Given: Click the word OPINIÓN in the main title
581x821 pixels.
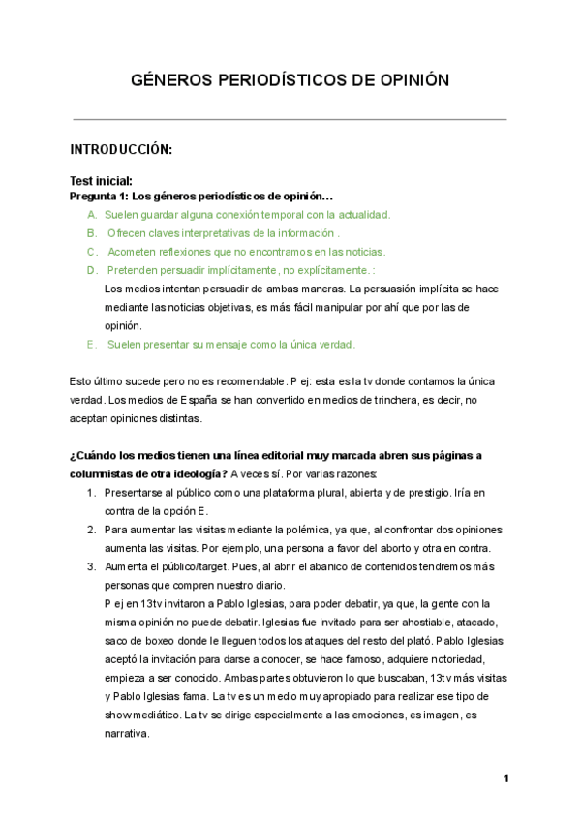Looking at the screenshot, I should [x=407, y=80].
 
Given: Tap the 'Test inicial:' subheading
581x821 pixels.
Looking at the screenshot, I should [x=101, y=181].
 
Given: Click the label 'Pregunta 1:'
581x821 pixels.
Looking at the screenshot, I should [x=99, y=196].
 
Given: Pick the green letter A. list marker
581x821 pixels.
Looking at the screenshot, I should [x=91, y=214].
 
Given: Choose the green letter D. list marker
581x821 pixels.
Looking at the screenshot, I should [x=91, y=270].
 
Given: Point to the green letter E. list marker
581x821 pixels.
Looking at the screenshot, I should [x=91, y=344].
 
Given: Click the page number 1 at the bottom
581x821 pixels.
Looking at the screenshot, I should [x=505, y=778].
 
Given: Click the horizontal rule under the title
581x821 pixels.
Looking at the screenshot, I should [x=290, y=120].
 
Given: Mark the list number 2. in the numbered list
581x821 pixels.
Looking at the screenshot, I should [x=91, y=530].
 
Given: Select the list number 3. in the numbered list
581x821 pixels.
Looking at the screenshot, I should [x=91, y=566].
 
